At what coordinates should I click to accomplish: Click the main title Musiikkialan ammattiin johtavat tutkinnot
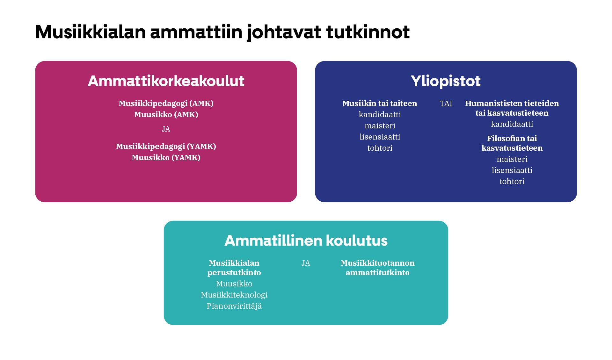pyautogui.click(x=222, y=32)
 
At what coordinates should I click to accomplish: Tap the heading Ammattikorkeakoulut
pyautogui.click(x=166, y=81)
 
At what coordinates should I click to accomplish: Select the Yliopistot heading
pyautogui.click(x=445, y=81)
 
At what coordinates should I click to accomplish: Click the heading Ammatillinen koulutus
pyautogui.click(x=306, y=241)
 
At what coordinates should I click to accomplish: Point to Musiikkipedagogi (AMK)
pyautogui.click(x=166, y=103)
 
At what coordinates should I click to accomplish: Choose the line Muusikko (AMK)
pyautogui.click(x=166, y=114)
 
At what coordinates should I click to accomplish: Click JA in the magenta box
pyautogui.click(x=166, y=129)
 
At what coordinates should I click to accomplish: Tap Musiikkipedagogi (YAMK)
pyautogui.click(x=166, y=146)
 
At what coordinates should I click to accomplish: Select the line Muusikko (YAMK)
pyautogui.click(x=166, y=157)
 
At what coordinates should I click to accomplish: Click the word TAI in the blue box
pyautogui.click(x=446, y=103)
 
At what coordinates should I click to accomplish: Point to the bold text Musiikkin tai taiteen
pyautogui.click(x=379, y=103)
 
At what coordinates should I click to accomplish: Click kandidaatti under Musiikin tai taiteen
pyautogui.click(x=379, y=114)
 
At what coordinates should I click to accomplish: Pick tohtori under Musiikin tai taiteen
pyautogui.click(x=379, y=148)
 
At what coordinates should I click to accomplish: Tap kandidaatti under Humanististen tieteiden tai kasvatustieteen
pyautogui.click(x=512, y=124)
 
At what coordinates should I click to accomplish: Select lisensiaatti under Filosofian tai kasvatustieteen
pyautogui.click(x=512, y=170)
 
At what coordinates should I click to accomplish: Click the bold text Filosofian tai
pyautogui.click(x=512, y=138)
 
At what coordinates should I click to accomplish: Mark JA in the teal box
pyautogui.click(x=305, y=263)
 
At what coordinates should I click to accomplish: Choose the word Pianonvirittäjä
pyautogui.click(x=234, y=306)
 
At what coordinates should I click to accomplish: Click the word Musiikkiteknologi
pyautogui.click(x=234, y=295)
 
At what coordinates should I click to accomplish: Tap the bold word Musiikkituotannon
pyautogui.click(x=377, y=263)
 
